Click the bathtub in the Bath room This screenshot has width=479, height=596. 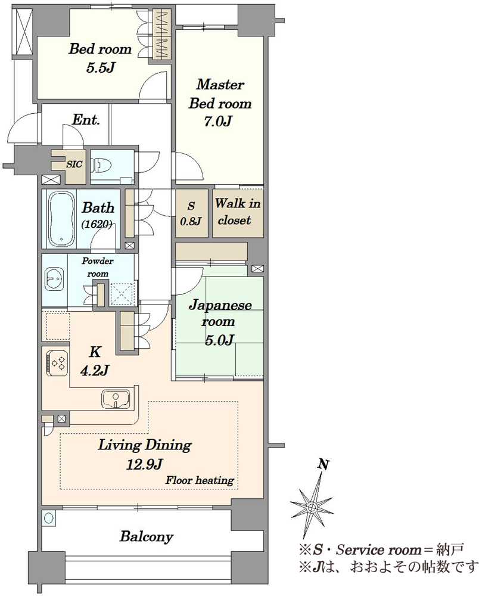tap(61, 219)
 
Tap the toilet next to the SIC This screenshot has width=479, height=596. tap(99, 165)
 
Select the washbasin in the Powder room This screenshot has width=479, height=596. tap(54, 280)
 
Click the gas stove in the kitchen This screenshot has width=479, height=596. tap(57, 362)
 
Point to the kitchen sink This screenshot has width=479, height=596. tap(116, 399)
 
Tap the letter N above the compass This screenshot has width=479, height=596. tap(324, 464)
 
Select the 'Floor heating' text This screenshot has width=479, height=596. tap(200, 480)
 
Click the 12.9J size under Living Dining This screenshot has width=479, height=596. tap(145, 464)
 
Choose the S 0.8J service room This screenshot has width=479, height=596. tap(191, 213)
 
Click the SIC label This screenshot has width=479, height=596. tap(74, 164)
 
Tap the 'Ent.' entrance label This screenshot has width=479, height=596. tap(86, 120)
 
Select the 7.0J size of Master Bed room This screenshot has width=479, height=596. tap(218, 122)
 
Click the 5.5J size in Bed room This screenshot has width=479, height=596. tap(100, 68)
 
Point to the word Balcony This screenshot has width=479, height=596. tap(147, 537)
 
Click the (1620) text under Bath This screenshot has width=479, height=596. tap(97, 225)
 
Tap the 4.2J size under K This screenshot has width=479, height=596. tap(95, 370)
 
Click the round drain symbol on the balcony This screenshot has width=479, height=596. tap(49, 518)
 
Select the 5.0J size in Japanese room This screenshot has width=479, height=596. tap(219, 340)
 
